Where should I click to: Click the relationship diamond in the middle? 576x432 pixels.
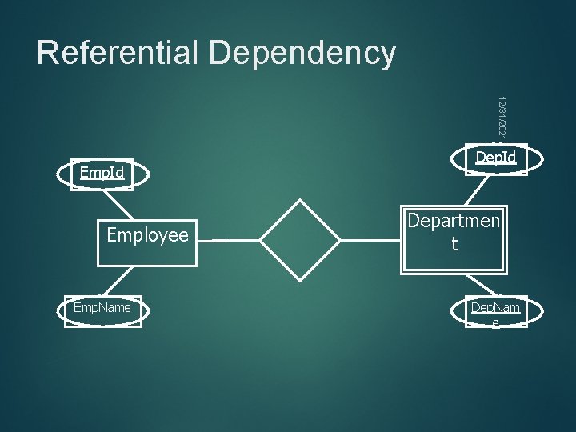coord(301,239)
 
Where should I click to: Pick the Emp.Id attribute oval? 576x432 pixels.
coord(102,174)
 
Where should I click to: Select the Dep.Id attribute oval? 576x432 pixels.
coord(496,158)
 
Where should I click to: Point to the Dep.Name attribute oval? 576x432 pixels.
coord(496,311)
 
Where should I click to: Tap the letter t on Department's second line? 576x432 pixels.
coord(454,245)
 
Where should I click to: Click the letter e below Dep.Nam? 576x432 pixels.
coord(496,322)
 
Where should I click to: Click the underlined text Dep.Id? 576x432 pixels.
coord(496,158)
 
